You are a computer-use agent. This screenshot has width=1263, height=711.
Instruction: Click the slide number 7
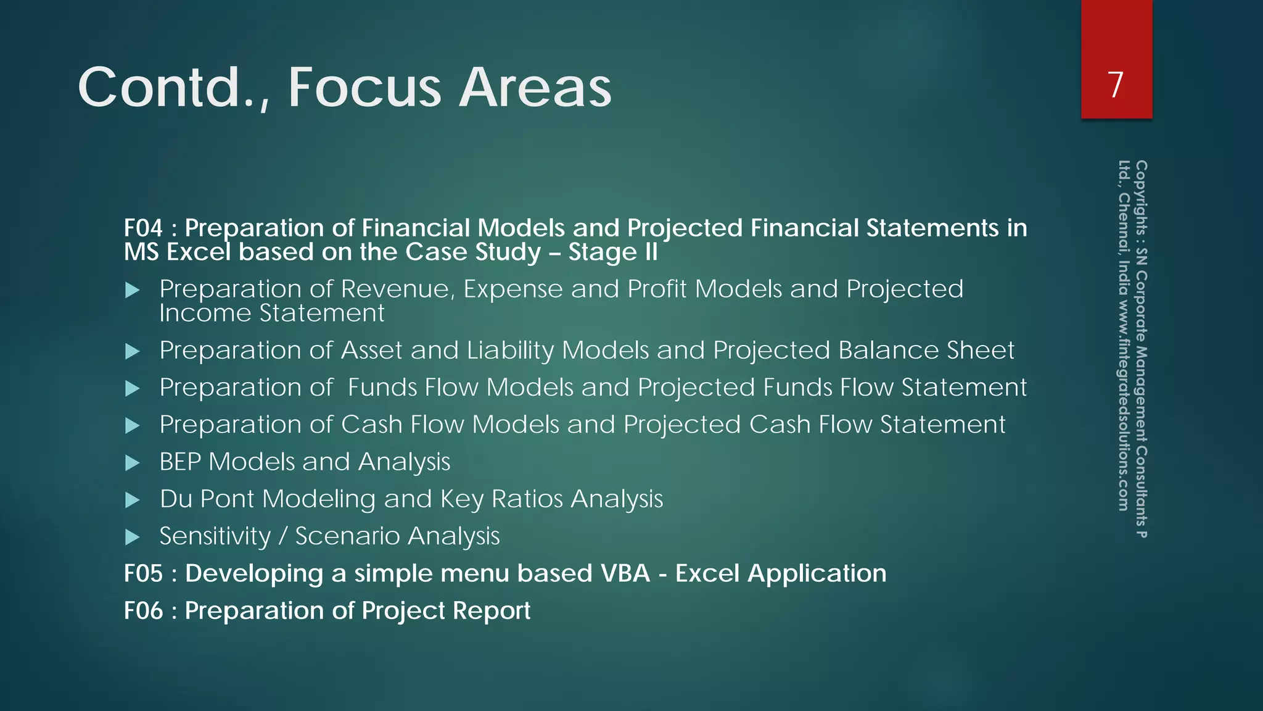point(1116,85)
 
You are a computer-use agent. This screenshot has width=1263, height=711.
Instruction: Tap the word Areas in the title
point(535,88)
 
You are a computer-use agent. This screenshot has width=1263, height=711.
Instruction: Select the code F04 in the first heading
point(143,228)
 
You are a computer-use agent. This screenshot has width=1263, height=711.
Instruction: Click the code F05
point(143,573)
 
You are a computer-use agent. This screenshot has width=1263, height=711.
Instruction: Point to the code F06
point(143,610)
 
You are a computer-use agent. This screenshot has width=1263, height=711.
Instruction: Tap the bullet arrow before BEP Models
point(132,463)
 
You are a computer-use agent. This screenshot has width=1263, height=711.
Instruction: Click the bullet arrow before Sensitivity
point(132,537)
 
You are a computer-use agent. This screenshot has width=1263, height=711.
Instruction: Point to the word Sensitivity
point(215,536)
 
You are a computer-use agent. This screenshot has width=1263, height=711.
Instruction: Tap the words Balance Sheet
point(926,351)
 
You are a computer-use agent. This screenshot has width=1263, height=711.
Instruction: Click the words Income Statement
point(271,313)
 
